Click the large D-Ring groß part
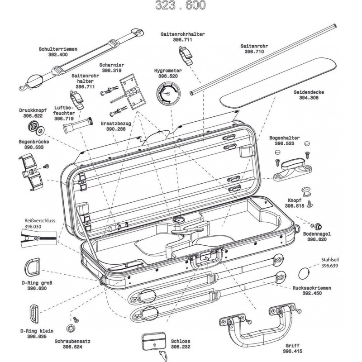click(x=34, y=268)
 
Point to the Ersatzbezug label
click(x=103, y=123)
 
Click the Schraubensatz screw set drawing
click(x=71, y=327)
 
